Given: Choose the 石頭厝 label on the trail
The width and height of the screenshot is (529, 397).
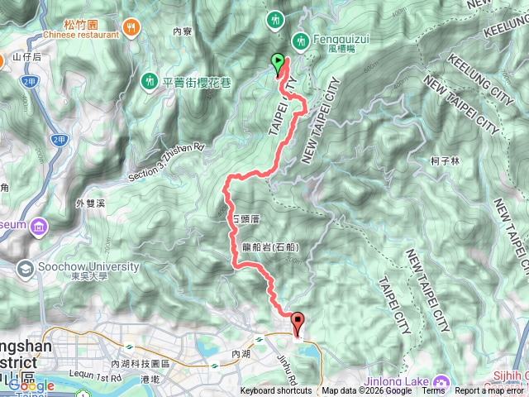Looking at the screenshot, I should (245, 220).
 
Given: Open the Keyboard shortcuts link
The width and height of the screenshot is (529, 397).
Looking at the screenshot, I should (276, 391).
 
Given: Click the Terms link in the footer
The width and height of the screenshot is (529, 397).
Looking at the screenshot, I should (433, 391).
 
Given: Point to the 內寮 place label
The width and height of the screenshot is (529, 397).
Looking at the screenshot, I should (182, 31).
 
